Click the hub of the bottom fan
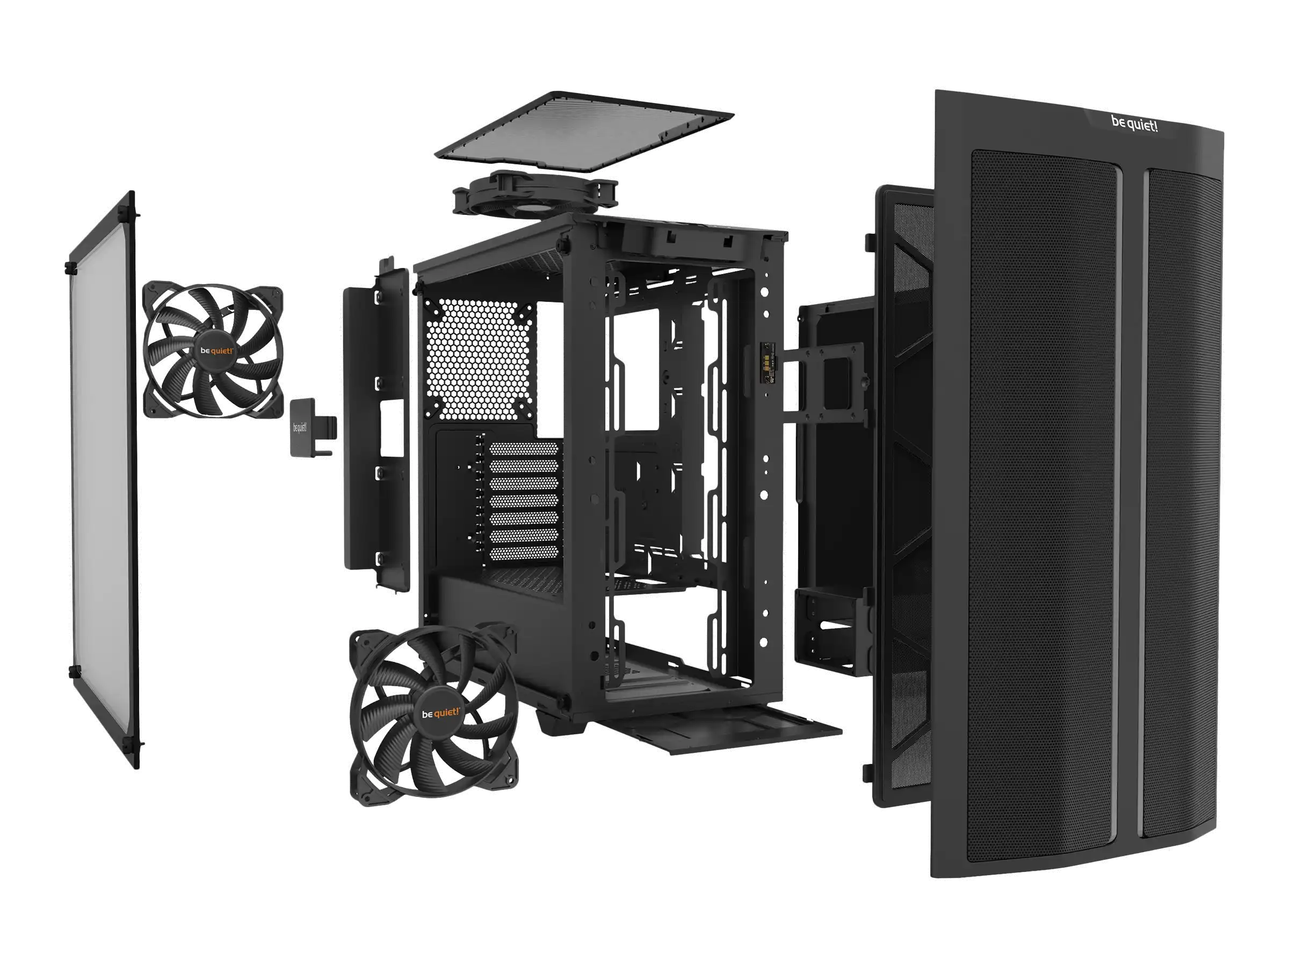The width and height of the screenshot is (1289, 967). coord(440,713)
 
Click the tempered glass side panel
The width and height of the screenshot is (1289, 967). coord(103,480)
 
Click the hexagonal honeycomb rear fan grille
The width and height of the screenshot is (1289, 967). coord(481,358)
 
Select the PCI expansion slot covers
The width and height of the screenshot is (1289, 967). coord(523,502)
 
